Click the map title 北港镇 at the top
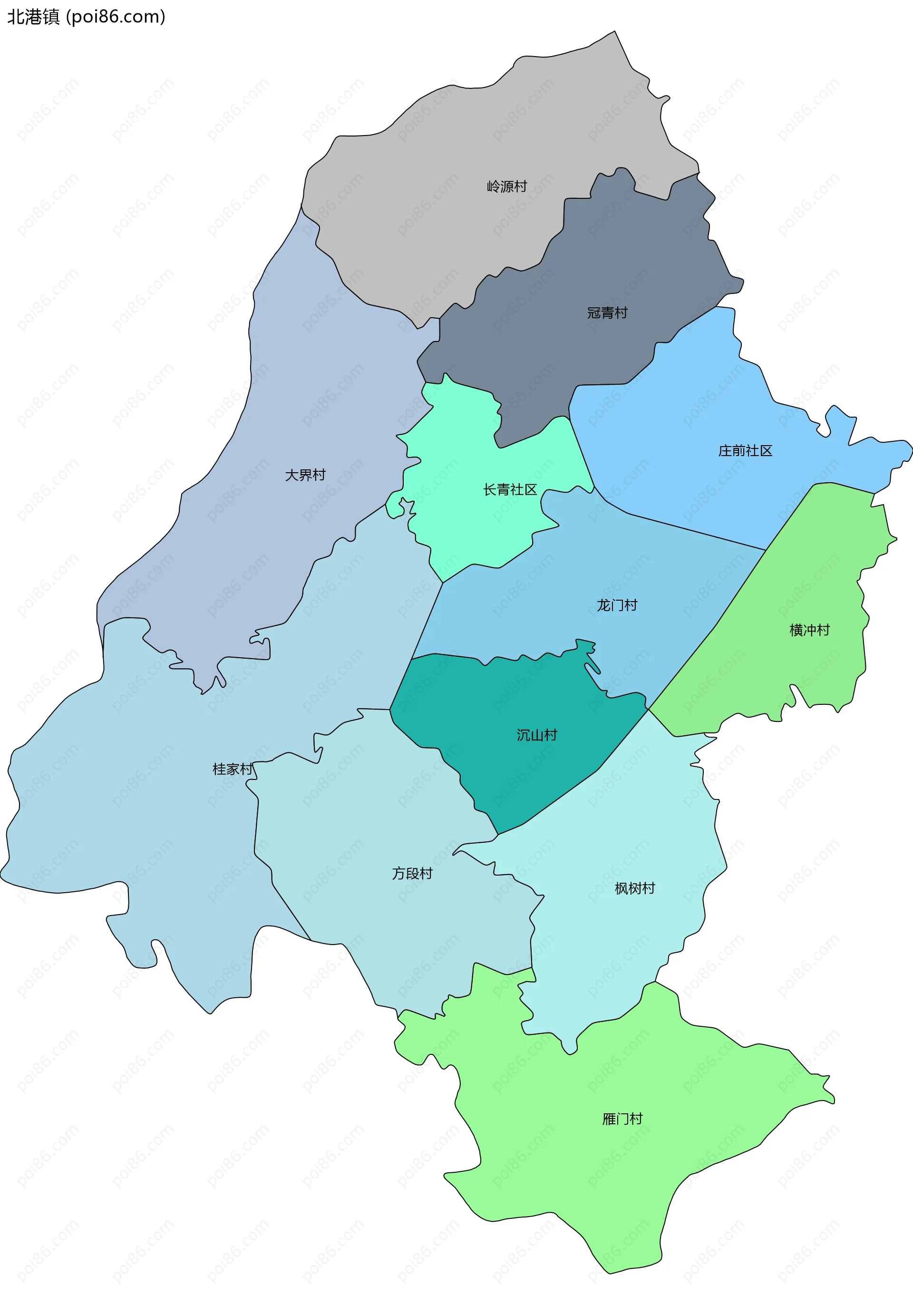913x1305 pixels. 33,17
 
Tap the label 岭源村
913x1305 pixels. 507,186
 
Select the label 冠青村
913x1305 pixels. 607,312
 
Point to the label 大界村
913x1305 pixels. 305,475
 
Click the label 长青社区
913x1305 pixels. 510,489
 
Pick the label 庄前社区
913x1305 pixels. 745,451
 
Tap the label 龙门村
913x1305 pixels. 616,605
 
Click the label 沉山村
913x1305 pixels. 536,735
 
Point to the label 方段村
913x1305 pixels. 412,873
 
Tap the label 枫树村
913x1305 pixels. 635,888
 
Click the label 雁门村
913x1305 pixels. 622,1119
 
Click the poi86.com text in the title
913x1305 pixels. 116,17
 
